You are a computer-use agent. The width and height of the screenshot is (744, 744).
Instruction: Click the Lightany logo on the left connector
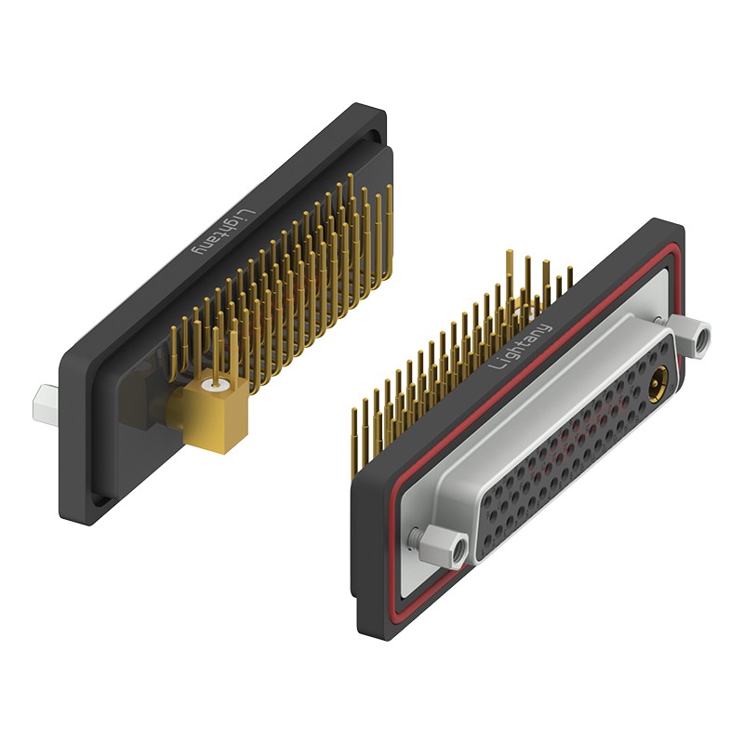[223, 232]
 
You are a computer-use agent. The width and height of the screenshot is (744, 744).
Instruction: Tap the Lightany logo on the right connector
[520, 347]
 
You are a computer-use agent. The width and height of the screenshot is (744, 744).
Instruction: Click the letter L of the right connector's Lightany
[495, 365]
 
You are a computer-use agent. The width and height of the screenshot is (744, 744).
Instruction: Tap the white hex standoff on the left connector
[45, 404]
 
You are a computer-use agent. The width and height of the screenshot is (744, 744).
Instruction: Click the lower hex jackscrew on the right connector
[445, 545]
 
